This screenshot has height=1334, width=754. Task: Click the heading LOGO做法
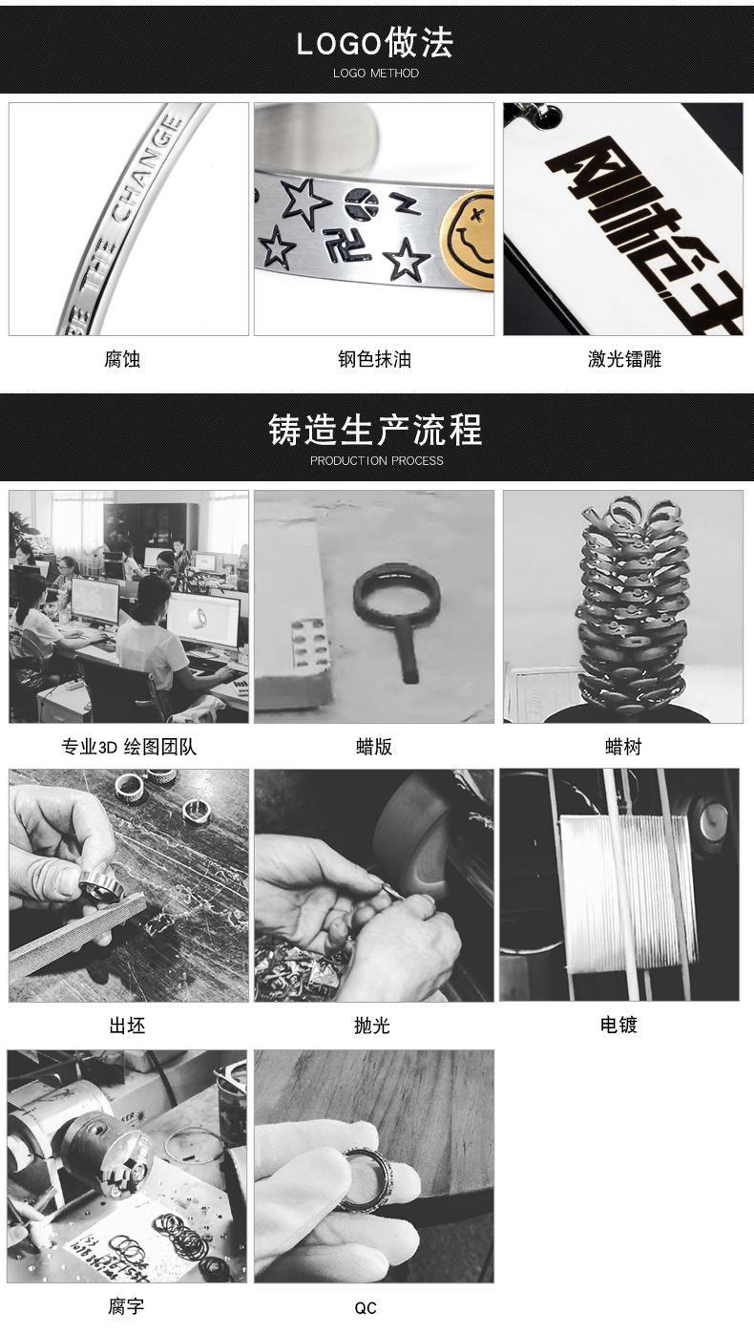pyautogui.click(x=375, y=43)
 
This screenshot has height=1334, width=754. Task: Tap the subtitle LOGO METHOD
pyautogui.click(x=375, y=74)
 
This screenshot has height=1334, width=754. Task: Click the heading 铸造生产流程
pyautogui.click(x=375, y=430)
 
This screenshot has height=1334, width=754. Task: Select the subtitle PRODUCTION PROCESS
pyautogui.click(x=376, y=460)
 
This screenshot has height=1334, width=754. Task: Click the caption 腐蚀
pyautogui.click(x=122, y=359)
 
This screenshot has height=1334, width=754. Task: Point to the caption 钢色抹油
pyautogui.click(x=374, y=359)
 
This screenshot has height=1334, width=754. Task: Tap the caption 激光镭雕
pyautogui.click(x=624, y=359)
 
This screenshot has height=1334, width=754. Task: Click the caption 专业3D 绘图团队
pyautogui.click(x=129, y=747)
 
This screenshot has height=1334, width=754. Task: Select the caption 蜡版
pyautogui.click(x=374, y=747)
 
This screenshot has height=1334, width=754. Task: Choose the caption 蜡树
pyautogui.click(x=622, y=747)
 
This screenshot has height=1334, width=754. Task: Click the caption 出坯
pyautogui.click(x=127, y=1026)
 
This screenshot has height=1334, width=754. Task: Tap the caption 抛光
pyautogui.click(x=372, y=1026)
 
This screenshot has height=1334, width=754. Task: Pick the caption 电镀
pyautogui.click(x=618, y=1025)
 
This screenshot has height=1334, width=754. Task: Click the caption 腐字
pyautogui.click(x=126, y=1305)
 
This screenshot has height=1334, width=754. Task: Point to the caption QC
pyautogui.click(x=366, y=1308)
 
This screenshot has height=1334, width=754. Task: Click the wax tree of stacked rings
pyautogui.click(x=632, y=606)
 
